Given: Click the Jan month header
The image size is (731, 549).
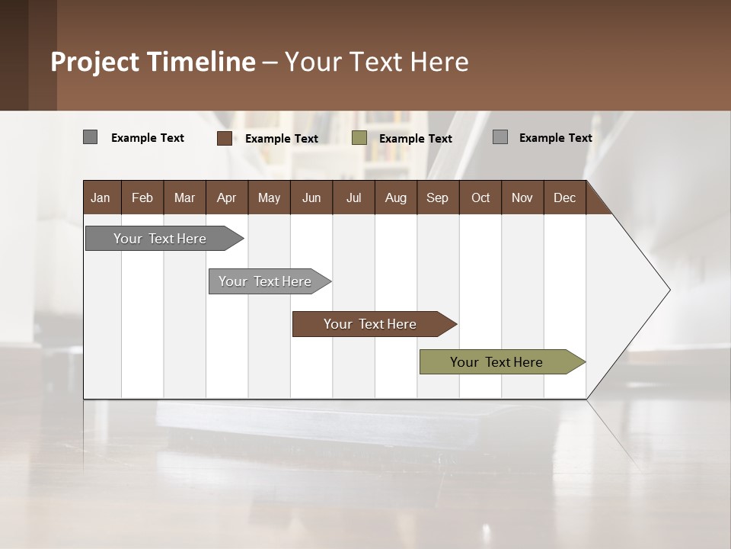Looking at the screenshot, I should [101, 197].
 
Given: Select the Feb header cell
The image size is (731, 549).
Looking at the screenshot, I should [142, 197].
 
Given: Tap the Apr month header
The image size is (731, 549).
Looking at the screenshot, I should [227, 197].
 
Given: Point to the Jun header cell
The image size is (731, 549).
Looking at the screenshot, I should [311, 197].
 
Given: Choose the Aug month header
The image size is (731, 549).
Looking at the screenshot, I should [396, 197].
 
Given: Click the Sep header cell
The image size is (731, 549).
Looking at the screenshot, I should [438, 197].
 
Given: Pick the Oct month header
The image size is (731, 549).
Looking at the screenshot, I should [480, 197].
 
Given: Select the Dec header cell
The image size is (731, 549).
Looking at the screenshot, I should [565, 197].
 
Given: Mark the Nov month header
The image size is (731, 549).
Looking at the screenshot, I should [522, 197].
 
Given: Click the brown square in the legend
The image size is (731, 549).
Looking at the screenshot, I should [224, 138].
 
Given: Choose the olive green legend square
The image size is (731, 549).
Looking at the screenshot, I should [359, 138].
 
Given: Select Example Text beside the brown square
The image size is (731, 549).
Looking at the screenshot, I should [282, 139].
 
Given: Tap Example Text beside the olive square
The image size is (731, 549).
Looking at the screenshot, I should [416, 139].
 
